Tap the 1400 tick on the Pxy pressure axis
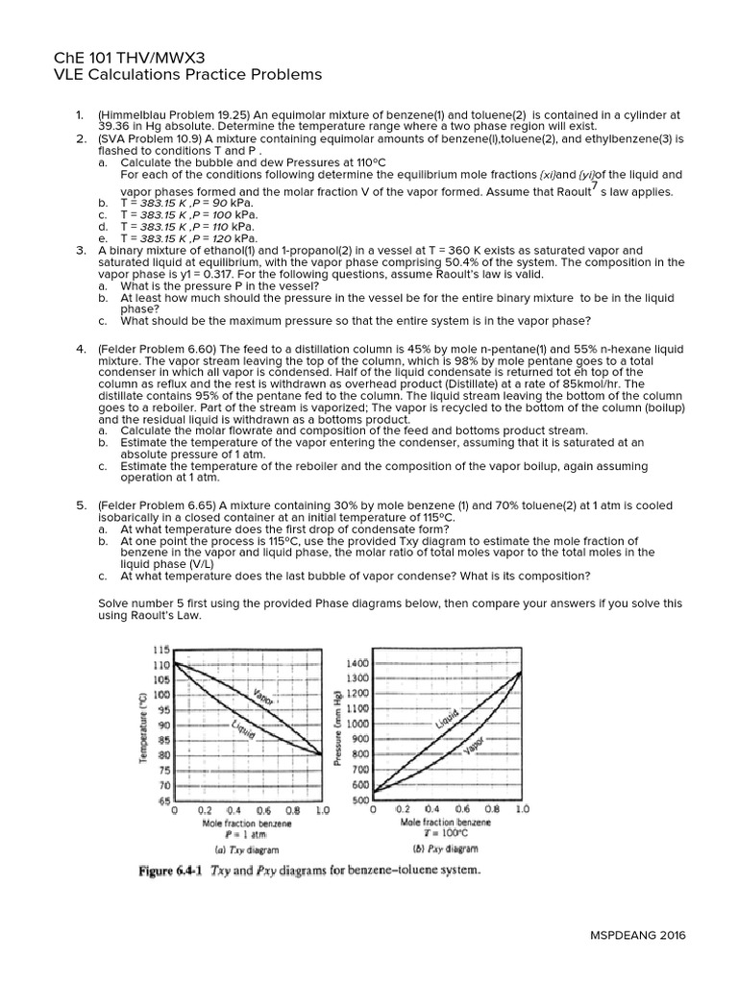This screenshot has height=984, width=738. (357, 663)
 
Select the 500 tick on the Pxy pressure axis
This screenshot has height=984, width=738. (359, 800)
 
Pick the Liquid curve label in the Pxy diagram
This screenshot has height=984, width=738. (447, 718)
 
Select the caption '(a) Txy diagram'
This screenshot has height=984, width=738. (247, 849)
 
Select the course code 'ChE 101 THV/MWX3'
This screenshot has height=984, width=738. (129, 57)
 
